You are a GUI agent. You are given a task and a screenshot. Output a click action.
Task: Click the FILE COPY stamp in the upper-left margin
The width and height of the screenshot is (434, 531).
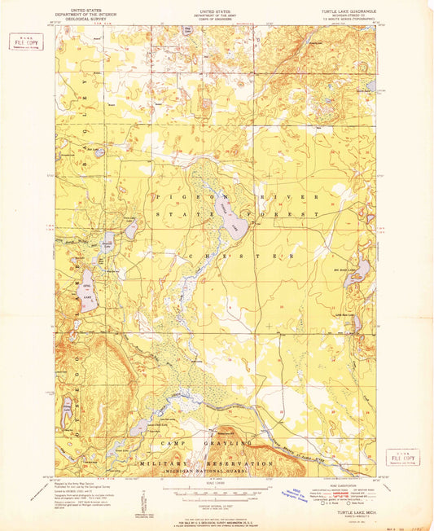pos(26,42)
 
